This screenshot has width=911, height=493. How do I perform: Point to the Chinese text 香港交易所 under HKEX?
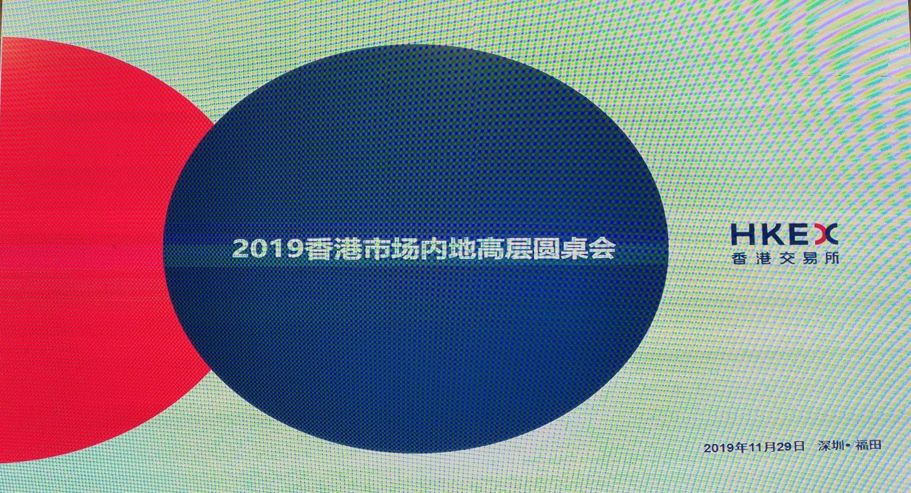(x=785, y=258)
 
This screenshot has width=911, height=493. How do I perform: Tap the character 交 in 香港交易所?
(x=785, y=258)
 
